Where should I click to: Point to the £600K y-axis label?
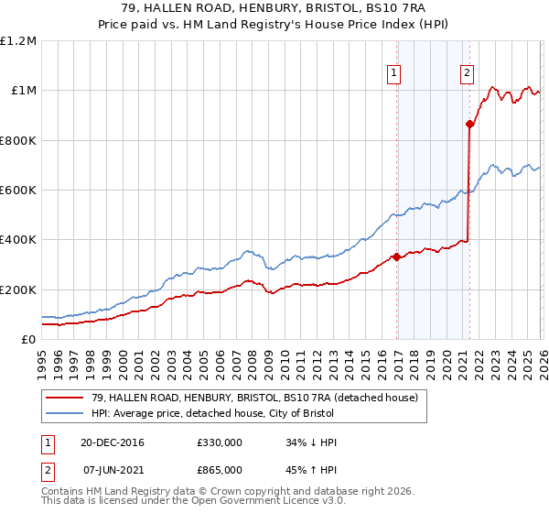click(18, 191)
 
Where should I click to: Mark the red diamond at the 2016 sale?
click(396, 257)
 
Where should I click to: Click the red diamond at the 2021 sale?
click(469, 124)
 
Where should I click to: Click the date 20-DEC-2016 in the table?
click(112, 442)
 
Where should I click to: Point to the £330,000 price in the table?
click(219, 442)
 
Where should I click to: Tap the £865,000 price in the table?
click(219, 470)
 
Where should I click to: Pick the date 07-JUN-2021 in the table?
click(112, 470)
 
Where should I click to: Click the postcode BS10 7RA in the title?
click(396, 7)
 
